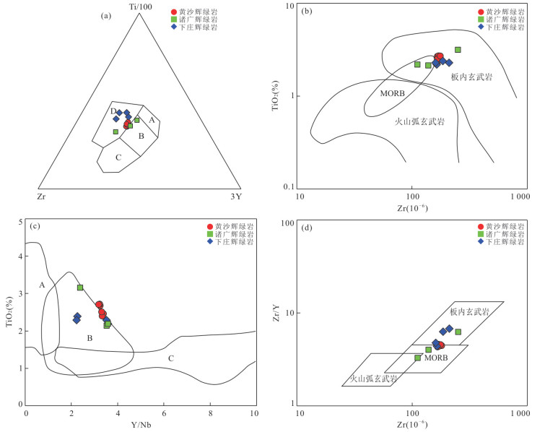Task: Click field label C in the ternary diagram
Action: point(118,157)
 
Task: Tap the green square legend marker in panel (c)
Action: point(210,234)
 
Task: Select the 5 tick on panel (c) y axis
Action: point(19,220)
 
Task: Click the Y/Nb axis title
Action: point(141,424)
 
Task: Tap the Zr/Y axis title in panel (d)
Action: point(276,313)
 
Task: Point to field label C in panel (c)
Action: point(171,359)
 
